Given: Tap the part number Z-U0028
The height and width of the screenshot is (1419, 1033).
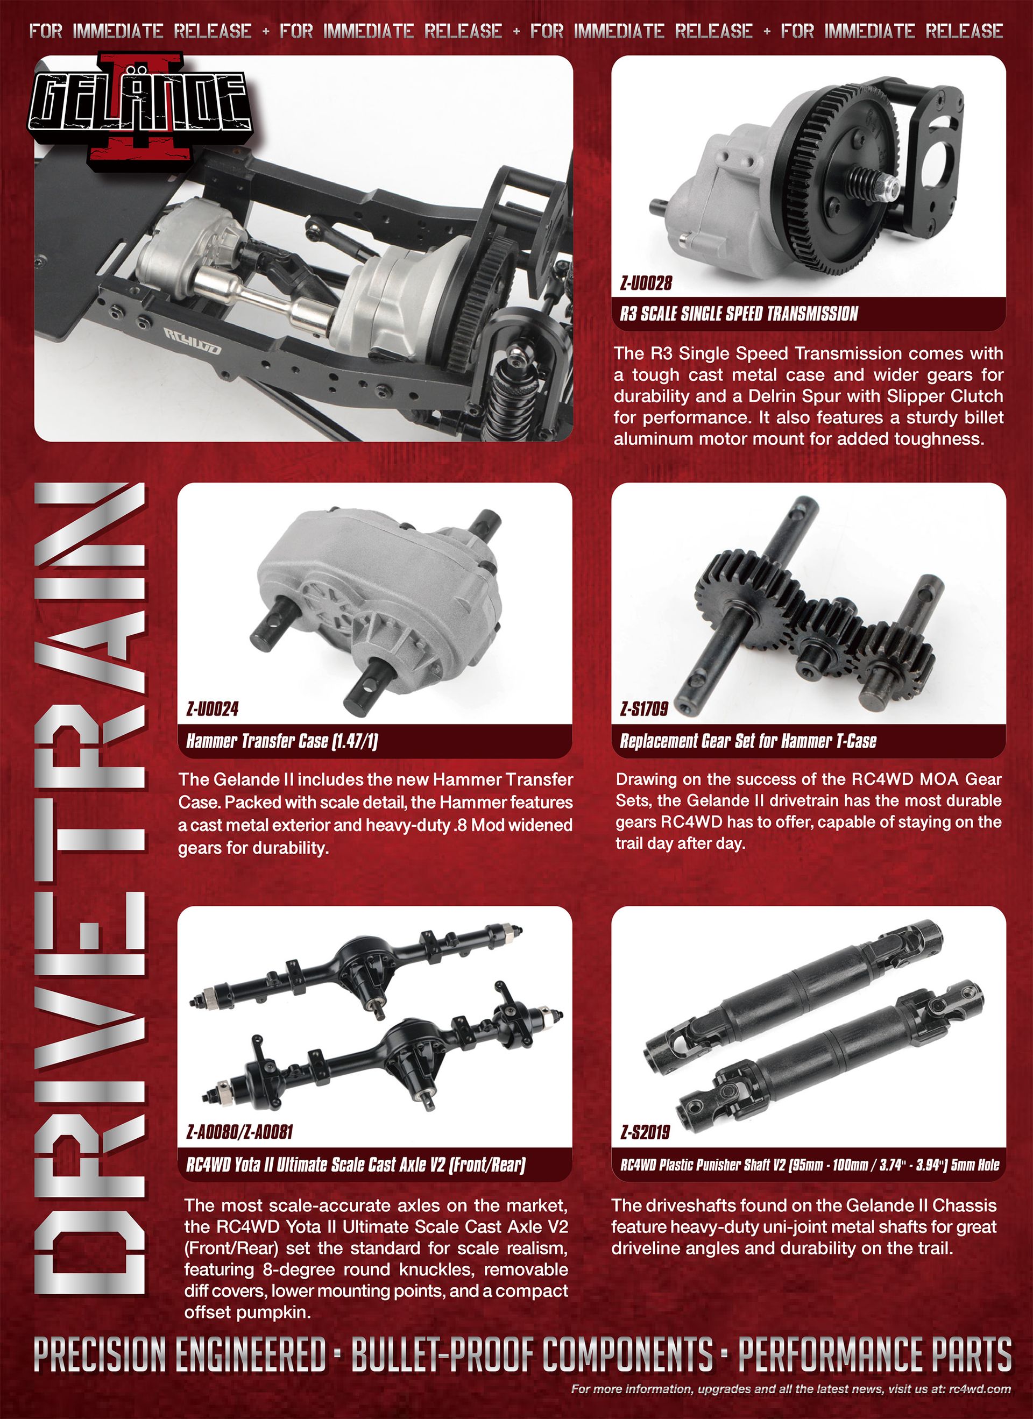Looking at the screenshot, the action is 646,283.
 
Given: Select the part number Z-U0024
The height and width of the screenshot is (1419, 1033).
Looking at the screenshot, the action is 212,709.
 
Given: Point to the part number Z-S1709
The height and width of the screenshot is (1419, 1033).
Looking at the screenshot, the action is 644,709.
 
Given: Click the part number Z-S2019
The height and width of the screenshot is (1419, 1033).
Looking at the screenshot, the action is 645,1132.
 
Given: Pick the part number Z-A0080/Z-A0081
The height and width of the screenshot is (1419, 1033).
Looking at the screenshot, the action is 239,1132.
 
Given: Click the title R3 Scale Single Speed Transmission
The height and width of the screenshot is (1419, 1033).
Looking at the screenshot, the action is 739,314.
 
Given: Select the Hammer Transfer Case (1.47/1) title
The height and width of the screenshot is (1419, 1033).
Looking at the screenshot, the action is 282,742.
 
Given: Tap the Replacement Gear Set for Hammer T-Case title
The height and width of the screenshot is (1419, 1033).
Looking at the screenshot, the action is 748,742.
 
